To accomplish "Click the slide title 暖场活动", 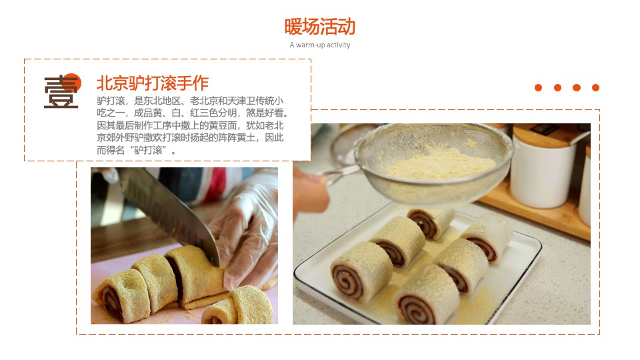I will pos(319,27).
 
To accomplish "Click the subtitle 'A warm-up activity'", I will pos(319,45).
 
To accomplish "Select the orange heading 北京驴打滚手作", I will pos(153,83).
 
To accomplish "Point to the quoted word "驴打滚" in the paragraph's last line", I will pos(152,151).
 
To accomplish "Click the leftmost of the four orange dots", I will pos(539,87).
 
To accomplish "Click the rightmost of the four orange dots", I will pos(595,87).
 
